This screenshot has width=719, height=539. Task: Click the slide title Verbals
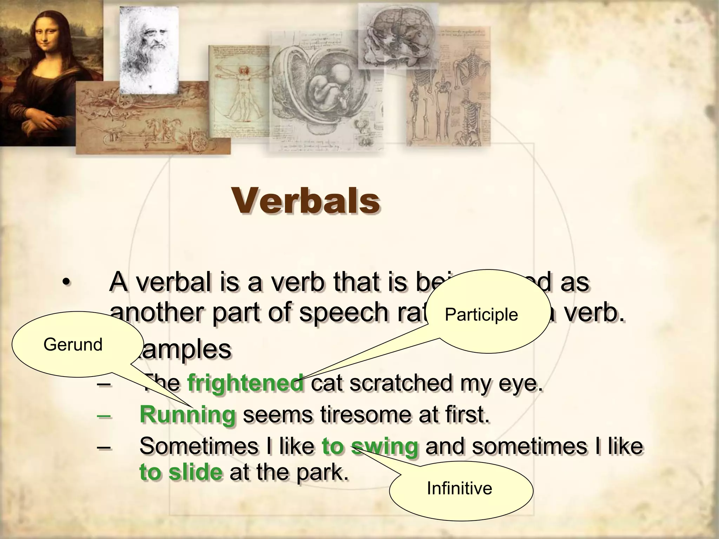[305, 201]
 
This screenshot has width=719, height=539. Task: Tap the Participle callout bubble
[488, 312]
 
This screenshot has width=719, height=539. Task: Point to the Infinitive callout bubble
[460, 488]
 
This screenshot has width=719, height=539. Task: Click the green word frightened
[245, 382]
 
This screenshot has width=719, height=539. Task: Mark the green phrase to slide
[181, 472]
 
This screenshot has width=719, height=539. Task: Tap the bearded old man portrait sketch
[149, 46]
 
